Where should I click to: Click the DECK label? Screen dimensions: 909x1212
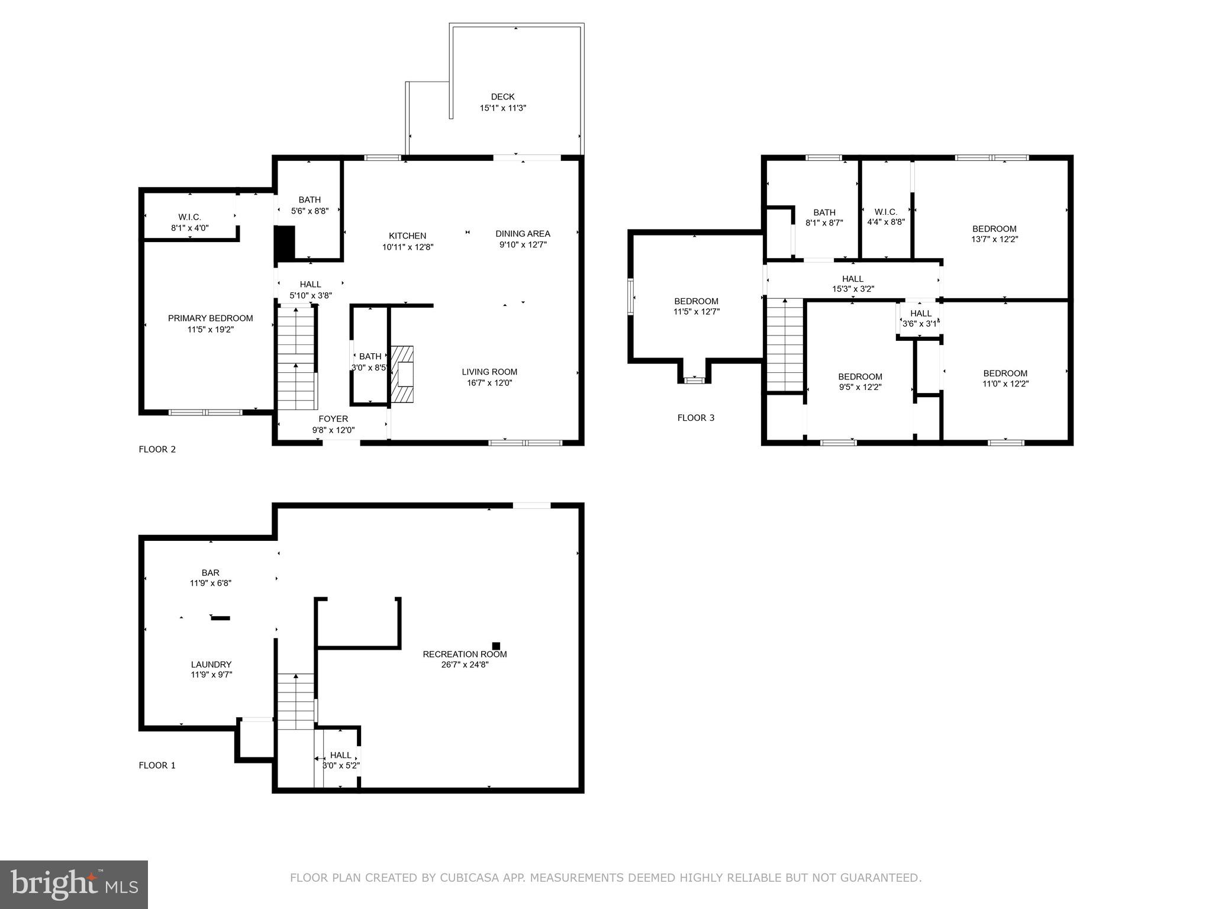tap(502, 96)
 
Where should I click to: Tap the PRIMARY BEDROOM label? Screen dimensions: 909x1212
tap(210, 318)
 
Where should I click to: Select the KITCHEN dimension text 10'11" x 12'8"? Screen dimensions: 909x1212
tap(408, 247)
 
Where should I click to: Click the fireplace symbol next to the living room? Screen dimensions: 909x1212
tap(402, 374)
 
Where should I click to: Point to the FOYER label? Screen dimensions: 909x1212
tap(333, 419)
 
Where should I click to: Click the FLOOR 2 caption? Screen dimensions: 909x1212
tap(157, 449)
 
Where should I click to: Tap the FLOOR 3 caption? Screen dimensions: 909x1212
tap(695, 418)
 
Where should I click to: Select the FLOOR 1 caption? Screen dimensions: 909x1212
tap(157, 765)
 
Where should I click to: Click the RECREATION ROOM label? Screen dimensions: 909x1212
tap(465, 654)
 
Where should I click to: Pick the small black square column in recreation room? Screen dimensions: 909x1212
tap(496, 646)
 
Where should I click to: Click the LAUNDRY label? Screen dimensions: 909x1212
tap(211, 665)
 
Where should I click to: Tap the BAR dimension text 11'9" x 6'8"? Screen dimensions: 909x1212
tap(210, 583)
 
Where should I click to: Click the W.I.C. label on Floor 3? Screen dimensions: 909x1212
tap(885, 212)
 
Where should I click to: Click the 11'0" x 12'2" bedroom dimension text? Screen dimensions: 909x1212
tap(1005, 383)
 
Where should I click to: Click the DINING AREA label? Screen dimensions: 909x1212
tap(523, 234)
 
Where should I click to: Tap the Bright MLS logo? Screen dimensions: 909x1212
tap(74, 884)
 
